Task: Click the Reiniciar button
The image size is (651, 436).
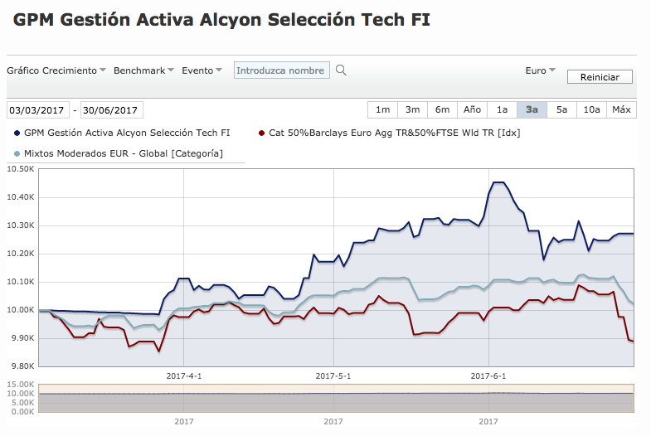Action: pos(600,77)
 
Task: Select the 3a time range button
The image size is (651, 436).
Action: pos(532,110)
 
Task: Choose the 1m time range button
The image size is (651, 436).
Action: pos(382,110)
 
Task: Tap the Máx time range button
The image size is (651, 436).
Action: pos(621,110)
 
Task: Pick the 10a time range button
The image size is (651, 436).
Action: pos(591,110)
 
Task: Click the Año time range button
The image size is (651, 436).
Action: pos(472,110)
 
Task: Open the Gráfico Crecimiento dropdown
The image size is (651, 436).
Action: pos(56,70)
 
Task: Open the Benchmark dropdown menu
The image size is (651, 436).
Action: pos(143,70)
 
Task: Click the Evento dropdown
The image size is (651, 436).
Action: pos(202,70)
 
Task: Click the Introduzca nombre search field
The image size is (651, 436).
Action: pos(281,70)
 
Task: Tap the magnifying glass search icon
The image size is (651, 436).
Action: pos(341,70)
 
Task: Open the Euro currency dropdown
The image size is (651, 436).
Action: pos(540,70)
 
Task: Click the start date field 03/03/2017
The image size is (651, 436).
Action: pos(38,110)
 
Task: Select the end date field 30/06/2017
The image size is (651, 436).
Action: pos(111,110)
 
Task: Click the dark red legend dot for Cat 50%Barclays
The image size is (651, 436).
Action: pos(261,133)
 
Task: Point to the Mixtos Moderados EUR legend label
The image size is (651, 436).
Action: pos(124,153)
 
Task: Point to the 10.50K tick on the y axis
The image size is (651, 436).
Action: pos(21,169)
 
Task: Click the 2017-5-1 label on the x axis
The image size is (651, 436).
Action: pos(333,376)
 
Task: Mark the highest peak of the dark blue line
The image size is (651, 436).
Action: pos(498,182)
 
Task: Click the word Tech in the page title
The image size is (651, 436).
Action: pos(383,20)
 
